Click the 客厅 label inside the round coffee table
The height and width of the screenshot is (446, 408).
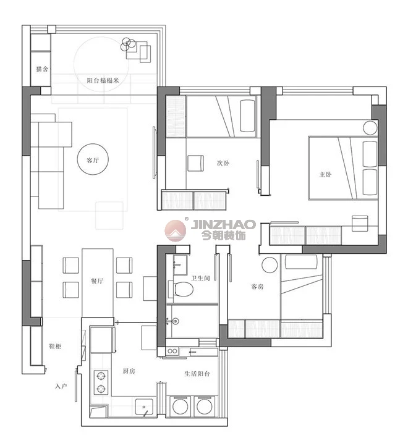point(93,161)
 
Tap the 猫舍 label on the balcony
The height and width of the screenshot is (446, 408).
point(42,69)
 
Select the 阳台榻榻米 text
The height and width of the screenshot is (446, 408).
point(103,80)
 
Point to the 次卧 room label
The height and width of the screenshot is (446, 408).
point(223,163)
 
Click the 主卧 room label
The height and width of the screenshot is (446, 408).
point(325,174)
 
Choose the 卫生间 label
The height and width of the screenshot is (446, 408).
point(200,278)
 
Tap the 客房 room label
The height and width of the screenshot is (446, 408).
point(257,287)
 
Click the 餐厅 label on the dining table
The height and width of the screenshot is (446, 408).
point(97,281)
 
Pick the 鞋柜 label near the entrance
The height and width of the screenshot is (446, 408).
point(55,346)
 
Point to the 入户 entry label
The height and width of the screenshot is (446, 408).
point(61,386)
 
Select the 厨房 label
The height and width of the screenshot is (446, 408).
point(129,371)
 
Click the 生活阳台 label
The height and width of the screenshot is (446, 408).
point(197,374)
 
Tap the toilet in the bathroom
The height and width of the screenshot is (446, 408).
point(182,288)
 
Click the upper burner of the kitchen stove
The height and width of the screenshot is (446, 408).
point(101,376)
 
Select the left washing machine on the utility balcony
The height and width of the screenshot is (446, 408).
point(180,406)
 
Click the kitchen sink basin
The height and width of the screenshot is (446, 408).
point(144,407)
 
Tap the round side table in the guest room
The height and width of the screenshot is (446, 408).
point(270,265)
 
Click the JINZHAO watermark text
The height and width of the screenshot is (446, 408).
point(224,224)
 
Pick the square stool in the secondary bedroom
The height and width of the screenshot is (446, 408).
point(195,163)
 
